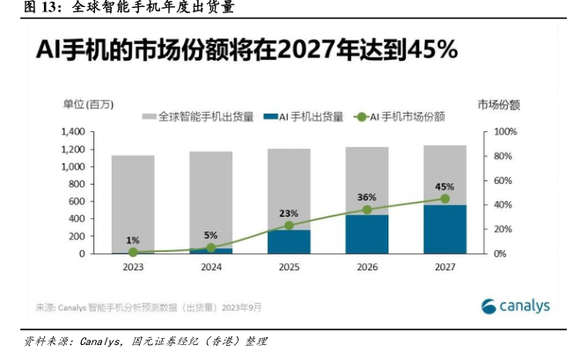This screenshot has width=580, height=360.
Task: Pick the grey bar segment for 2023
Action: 133,202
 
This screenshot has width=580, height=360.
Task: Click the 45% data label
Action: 444,187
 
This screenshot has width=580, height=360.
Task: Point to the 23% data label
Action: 289,213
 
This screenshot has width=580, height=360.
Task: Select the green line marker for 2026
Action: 367,209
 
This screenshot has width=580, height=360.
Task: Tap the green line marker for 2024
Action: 211,247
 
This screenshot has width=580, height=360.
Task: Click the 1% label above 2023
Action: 133,239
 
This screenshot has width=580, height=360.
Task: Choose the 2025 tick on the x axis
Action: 289,267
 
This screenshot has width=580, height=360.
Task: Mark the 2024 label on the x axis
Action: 211,267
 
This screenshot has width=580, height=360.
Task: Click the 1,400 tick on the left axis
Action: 72,132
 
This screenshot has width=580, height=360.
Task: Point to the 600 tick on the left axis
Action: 77,202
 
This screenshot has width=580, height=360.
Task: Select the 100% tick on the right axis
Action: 506,132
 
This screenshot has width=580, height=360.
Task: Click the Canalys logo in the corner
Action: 516,305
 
